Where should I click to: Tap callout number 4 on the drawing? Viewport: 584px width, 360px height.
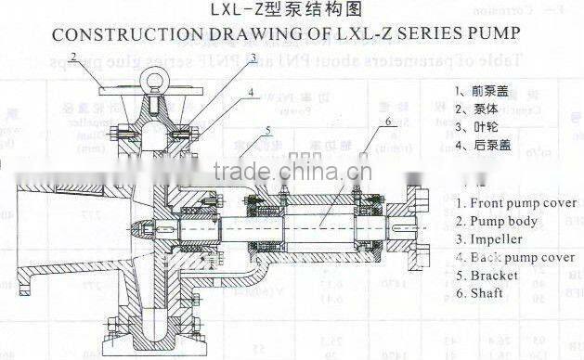251,92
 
